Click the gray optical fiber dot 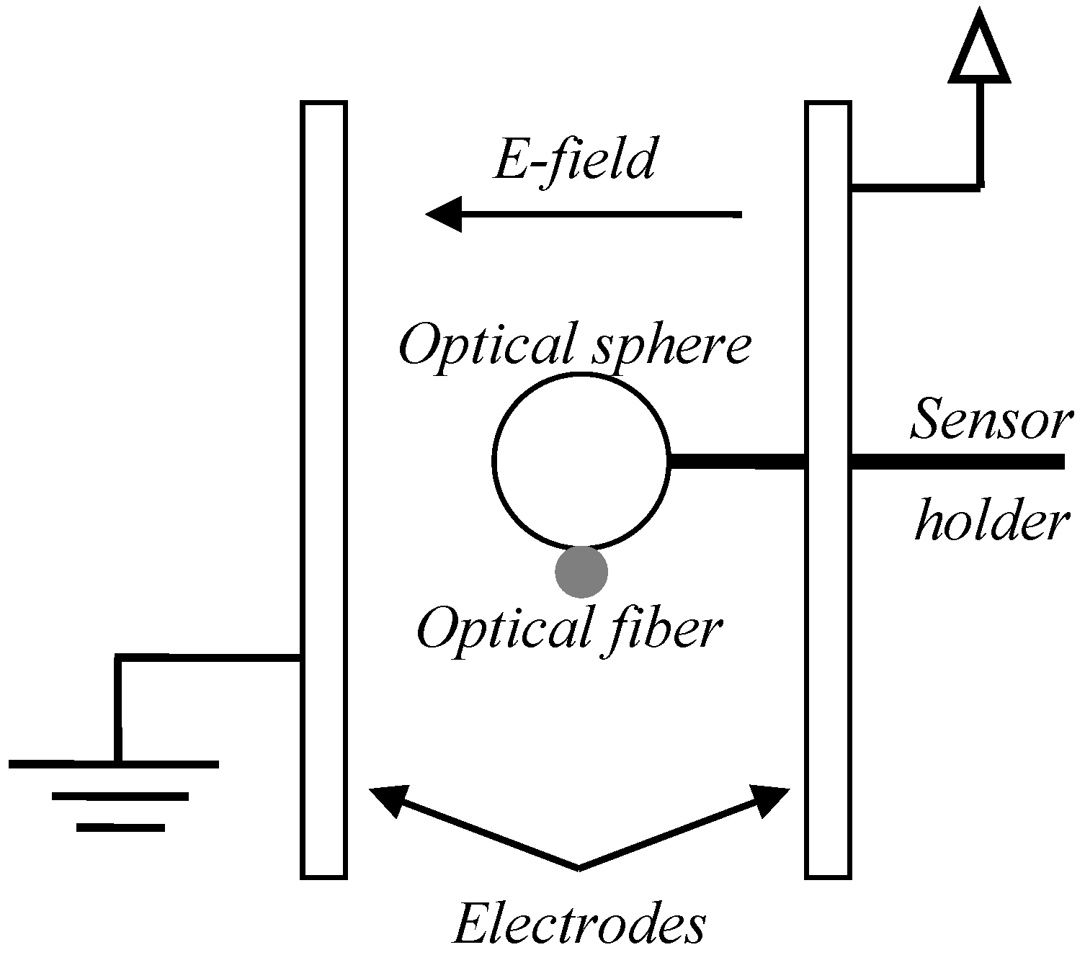pos(581,572)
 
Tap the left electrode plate pos(324,490)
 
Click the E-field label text pos(574,161)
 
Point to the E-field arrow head pos(442,214)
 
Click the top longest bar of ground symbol pos(114,764)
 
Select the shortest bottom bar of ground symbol pos(120,828)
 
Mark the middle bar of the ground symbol pos(120,796)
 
